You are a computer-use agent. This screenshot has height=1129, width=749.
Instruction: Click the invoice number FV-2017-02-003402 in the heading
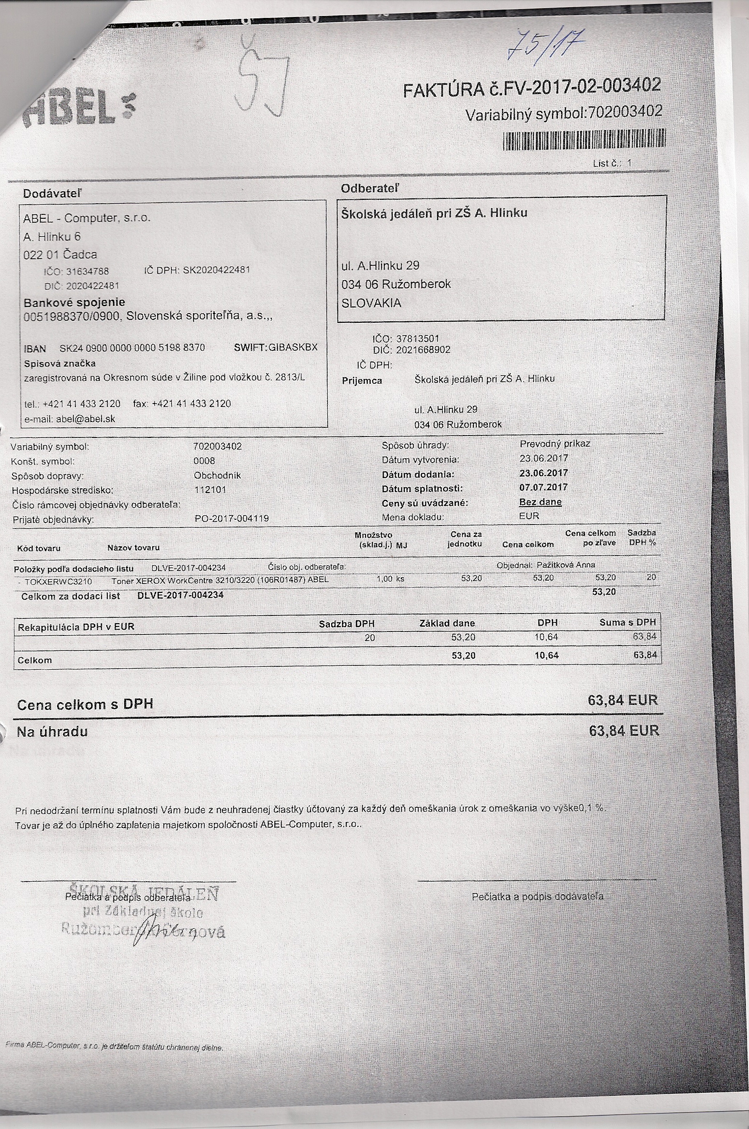tap(573, 87)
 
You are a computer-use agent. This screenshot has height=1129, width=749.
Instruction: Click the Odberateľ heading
tap(370, 188)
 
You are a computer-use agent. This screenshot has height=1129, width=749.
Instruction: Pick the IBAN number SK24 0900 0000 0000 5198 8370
tap(132, 348)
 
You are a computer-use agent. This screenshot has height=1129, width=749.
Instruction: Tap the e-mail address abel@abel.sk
tap(86, 419)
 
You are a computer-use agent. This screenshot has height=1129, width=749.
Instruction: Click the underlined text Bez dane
tap(540, 502)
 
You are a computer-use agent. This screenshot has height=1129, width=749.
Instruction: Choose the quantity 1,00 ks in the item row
tap(390, 579)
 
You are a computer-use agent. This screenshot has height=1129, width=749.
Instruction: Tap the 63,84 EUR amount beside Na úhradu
tap(624, 730)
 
